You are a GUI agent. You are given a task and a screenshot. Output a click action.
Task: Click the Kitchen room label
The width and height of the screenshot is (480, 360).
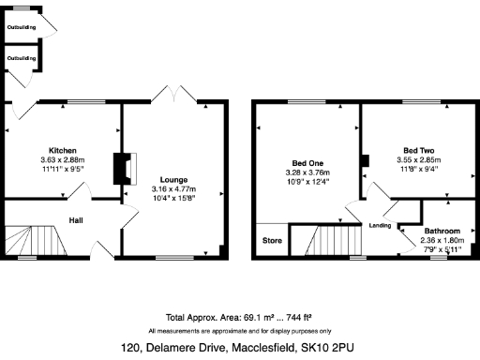click(63, 151)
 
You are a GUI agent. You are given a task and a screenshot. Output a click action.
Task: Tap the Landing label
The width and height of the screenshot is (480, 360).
click(380, 226)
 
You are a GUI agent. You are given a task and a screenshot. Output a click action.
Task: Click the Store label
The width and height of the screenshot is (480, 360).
click(271, 240)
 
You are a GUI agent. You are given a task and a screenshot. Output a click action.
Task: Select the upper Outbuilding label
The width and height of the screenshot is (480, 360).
click(22, 28)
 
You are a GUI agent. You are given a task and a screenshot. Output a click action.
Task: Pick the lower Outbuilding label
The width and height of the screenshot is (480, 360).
click(22, 59)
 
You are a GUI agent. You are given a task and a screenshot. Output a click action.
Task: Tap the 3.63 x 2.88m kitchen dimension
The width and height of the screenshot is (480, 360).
click(63, 160)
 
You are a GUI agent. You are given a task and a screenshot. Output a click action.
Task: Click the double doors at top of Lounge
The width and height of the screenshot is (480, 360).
click(174, 97)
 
